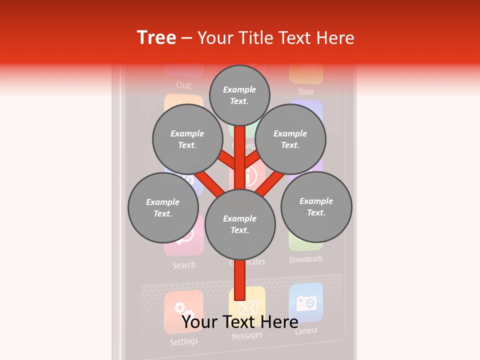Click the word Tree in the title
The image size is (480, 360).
(156, 38)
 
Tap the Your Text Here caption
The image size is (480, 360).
(240, 321)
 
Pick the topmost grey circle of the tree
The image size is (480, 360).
(239, 95)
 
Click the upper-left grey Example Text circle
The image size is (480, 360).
(187, 139)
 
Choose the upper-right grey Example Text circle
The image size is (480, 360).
(290, 139)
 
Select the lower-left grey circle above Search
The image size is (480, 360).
(163, 207)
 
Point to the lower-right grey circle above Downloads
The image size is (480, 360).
(316, 206)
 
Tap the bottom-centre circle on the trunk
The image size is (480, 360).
(240, 224)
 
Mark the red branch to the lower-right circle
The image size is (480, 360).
(274, 181)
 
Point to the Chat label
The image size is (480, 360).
(184, 85)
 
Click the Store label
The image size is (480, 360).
(306, 91)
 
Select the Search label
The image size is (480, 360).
(184, 265)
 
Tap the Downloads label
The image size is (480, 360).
(306, 259)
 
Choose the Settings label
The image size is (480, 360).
(184, 342)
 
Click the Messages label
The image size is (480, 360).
(247, 336)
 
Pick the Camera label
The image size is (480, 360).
(306, 330)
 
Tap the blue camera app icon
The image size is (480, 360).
(306, 302)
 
